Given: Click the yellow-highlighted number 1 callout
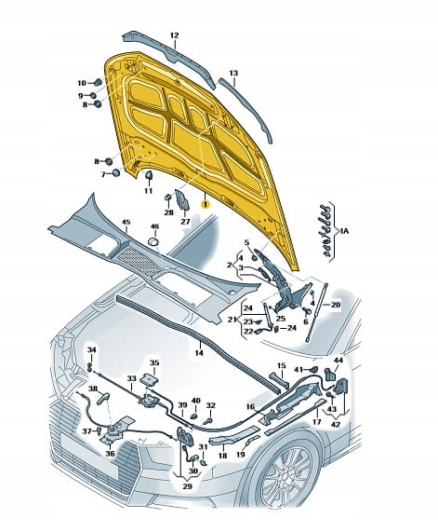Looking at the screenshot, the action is click(205, 204).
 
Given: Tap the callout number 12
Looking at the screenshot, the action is click(174, 35).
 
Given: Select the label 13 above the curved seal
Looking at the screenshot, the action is click(233, 73).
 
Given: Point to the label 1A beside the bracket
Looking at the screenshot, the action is click(344, 231).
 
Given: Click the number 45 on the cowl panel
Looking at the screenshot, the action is click(126, 222).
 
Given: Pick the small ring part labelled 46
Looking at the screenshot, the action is click(154, 242).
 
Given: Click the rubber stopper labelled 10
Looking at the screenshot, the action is click(98, 82).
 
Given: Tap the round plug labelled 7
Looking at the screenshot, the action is click(116, 173).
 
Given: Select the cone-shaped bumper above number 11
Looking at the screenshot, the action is click(149, 175).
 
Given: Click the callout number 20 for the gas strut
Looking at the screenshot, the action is click(335, 305).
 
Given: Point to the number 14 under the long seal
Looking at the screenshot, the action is click(199, 353).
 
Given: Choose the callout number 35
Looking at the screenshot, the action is click(154, 362).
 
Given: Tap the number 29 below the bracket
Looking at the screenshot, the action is click(187, 486).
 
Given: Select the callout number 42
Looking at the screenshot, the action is click(336, 424).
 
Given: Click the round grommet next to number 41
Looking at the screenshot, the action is click(314, 368).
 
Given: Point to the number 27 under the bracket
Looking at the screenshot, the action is click(185, 221).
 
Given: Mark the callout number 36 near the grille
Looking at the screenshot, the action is click(110, 454).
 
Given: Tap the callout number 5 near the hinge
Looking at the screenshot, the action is click(246, 242).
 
